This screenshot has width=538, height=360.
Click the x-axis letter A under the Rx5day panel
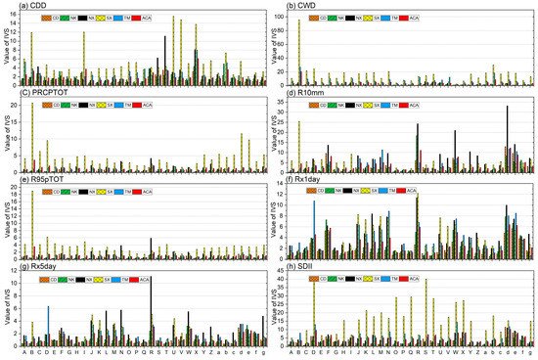tap(24, 352)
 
